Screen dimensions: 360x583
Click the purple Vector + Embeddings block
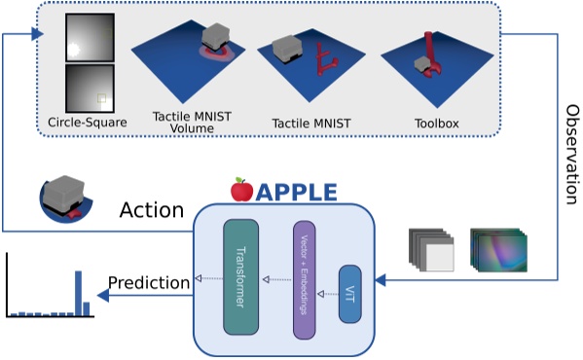305,280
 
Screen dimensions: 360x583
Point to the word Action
151,209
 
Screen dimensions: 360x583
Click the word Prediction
148,283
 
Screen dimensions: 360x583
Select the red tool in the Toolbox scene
431,54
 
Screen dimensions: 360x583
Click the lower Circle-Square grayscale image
90,89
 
